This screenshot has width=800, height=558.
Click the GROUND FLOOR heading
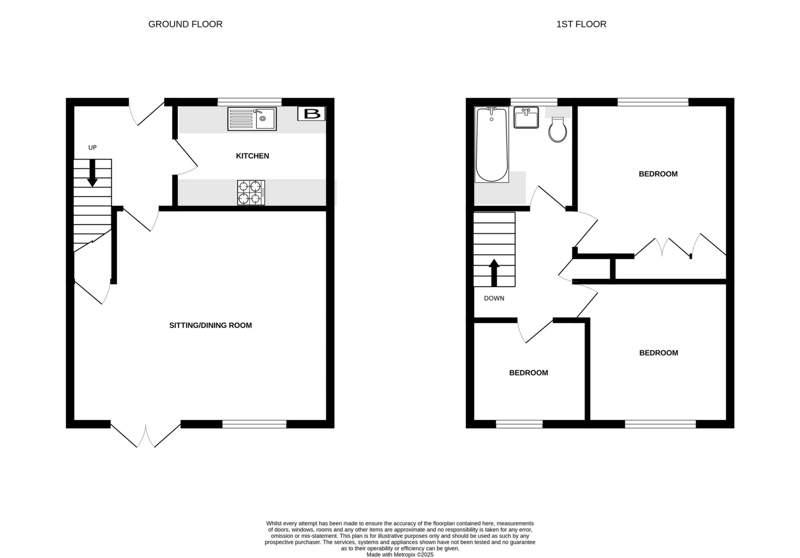185,24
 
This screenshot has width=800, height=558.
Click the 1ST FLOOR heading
581,24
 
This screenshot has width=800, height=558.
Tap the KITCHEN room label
252,156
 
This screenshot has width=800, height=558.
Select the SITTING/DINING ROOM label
210,325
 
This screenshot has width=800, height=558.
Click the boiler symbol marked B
311,114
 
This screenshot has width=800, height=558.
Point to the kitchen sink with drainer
252,119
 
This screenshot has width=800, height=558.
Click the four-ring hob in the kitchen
251,193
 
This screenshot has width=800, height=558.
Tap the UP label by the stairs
92,148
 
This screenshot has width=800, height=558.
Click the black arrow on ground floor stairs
92,173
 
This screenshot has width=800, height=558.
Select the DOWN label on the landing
494,298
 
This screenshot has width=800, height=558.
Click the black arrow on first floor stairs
494,273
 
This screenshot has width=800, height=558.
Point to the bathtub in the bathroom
492,144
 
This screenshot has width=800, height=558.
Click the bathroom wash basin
526,118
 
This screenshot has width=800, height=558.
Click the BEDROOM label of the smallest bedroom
528,373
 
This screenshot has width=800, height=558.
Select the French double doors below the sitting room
146,435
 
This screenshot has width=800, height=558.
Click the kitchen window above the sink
250,101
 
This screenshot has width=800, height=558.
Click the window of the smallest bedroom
519,424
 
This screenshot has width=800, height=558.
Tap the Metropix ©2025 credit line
400,555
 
